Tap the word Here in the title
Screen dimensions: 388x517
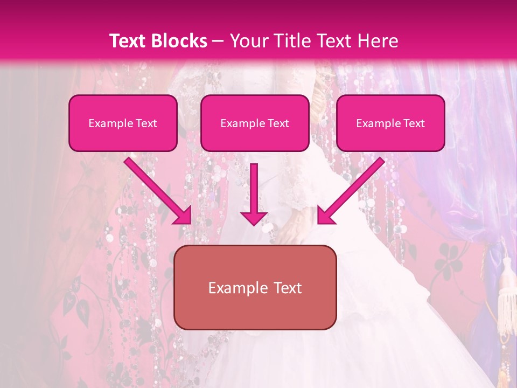(x=376, y=41)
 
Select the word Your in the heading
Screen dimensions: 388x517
(x=249, y=41)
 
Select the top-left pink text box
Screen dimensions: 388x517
(x=123, y=123)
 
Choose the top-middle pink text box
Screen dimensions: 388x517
(x=255, y=123)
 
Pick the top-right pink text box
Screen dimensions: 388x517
(x=390, y=123)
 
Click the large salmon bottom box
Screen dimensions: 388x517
(x=255, y=287)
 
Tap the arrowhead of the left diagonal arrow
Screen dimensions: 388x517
(x=183, y=215)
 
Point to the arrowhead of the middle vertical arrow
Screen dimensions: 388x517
(x=254, y=218)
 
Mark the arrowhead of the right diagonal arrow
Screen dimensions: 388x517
(x=326, y=215)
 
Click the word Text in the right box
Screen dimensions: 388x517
(x=414, y=123)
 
